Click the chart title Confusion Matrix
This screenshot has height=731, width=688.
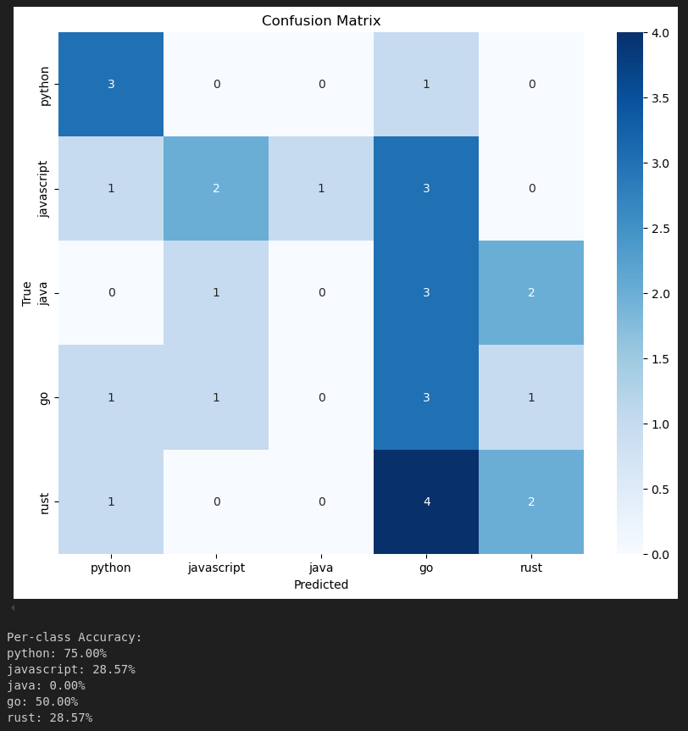pos(321,21)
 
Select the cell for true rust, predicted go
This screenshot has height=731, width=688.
pos(426,501)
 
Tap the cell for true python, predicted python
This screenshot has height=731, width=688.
pos(111,84)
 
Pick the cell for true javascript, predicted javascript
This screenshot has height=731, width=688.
pos(216,188)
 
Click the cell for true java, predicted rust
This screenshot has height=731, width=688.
pos(531,292)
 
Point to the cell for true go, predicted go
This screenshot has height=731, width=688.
pos(426,397)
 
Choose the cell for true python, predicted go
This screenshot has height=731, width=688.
pos(426,84)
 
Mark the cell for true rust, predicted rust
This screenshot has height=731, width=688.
pos(531,501)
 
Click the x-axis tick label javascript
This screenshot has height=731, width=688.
pos(216,568)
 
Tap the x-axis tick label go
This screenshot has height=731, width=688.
pos(426,568)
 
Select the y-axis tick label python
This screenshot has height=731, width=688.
pos(46,85)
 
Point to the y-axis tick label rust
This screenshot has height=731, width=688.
pos(46,502)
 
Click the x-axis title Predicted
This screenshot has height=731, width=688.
pos(321,584)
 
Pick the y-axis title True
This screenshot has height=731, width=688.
pos(27,293)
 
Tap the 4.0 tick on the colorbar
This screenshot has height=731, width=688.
pos(660,33)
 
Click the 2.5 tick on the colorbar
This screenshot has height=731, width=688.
pos(660,229)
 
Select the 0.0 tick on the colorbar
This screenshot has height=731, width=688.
pos(660,554)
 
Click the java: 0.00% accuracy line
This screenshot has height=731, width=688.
pos(46,685)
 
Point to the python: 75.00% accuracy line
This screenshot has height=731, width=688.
pos(57,653)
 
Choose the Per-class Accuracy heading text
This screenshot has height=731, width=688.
pos(75,637)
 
